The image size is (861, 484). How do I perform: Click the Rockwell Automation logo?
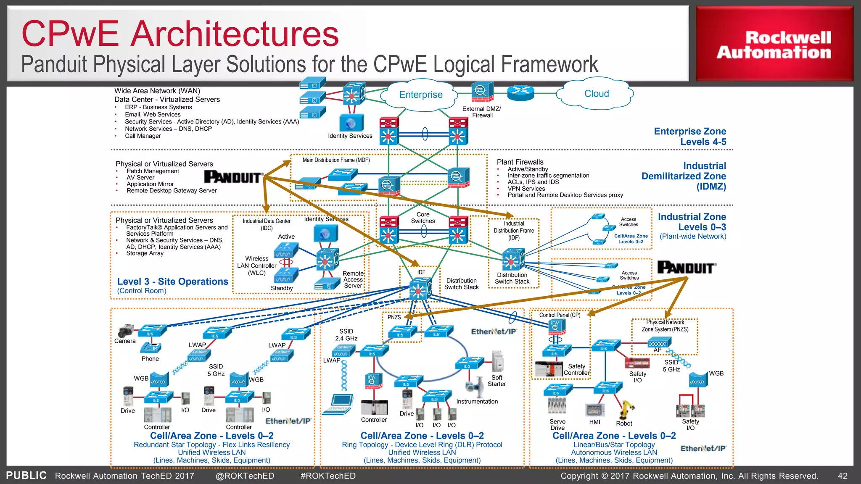click(774, 45)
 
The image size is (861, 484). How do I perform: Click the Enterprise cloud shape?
click(420, 95)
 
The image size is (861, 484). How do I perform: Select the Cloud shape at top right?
click(596, 94)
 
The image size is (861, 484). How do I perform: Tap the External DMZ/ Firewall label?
click(482, 112)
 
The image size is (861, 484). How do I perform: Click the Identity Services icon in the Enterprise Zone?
click(351, 123)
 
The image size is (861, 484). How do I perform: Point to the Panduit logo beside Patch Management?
click(233, 177)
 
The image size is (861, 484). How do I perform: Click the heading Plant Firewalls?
click(520, 162)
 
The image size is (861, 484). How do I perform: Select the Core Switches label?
click(423, 218)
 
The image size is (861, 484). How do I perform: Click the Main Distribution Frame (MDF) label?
click(336, 160)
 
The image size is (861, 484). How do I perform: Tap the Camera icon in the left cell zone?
click(126, 331)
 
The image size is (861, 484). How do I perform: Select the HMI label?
click(594, 422)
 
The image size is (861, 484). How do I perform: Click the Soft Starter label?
click(497, 381)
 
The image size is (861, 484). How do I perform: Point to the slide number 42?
click(842, 476)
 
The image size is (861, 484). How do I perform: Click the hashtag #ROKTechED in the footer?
click(328, 476)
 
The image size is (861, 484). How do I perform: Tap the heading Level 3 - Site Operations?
click(172, 281)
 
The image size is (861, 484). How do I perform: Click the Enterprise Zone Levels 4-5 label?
click(690, 137)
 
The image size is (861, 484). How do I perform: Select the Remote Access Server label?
click(353, 279)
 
